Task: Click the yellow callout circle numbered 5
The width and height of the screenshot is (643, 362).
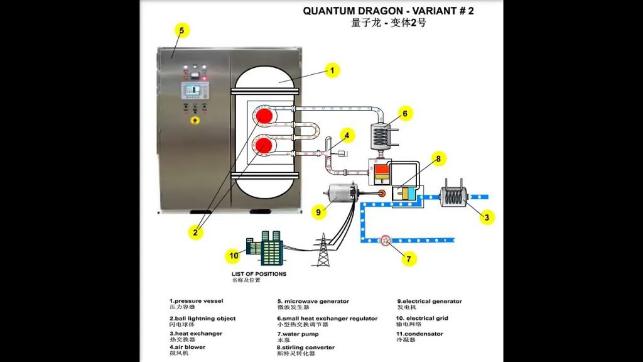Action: [x=181, y=30]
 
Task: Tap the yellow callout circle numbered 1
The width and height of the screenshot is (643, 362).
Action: [x=332, y=70]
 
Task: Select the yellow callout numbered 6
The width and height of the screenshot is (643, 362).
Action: [x=405, y=114]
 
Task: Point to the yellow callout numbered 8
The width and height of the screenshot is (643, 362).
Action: [x=439, y=159]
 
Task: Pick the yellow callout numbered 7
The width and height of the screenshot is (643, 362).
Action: [x=408, y=258]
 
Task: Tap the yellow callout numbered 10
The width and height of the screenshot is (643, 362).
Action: [x=234, y=256]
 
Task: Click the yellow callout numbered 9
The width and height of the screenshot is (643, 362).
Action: [x=319, y=212]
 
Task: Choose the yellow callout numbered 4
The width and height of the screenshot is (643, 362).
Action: [x=346, y=135]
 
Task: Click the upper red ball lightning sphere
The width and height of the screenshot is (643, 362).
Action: [x=265, y=116]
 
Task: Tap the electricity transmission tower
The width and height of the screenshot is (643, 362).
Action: [x=323, y=251]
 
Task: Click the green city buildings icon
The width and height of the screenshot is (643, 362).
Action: [x=266, y=250]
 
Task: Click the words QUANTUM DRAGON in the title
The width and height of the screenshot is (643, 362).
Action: [x=342, y=11]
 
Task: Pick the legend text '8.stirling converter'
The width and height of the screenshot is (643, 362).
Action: [x=305, y=347]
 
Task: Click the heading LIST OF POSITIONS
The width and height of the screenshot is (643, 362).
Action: [x=259, y=274]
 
